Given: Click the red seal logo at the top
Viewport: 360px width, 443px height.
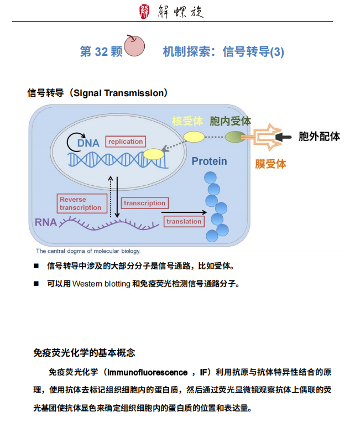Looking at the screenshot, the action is point(144,12).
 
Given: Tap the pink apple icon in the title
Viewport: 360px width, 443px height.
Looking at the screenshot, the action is point(134,45).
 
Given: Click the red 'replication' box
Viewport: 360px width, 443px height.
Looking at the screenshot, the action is point(126,142).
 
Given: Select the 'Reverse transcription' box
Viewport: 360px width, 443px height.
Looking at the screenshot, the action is point(82,204).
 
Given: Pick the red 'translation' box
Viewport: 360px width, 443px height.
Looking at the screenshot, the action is point(184,221).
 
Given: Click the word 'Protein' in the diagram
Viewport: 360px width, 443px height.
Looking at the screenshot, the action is point(210,161).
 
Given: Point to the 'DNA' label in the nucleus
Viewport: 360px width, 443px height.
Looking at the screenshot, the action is point(88,143).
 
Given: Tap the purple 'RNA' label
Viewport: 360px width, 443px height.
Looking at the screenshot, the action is point(46,222).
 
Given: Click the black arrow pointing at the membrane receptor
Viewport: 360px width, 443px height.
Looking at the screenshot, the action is point(283,137).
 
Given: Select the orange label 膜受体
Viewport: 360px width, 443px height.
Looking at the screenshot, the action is point(270,164).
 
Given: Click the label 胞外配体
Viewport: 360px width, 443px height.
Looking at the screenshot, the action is point(319,137).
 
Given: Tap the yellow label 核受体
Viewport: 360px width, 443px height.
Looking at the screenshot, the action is point(187,121).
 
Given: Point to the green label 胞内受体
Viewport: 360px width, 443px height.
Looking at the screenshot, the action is point(230,121).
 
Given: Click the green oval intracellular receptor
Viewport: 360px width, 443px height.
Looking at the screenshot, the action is point(236,137).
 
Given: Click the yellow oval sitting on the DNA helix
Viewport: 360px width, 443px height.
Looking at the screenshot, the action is point(153,154).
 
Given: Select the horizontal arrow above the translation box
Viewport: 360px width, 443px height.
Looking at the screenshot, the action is point(184,212).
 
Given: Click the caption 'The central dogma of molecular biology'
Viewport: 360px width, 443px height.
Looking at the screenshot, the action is point(88,251).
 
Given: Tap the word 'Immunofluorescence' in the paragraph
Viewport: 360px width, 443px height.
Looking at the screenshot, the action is point(147,372).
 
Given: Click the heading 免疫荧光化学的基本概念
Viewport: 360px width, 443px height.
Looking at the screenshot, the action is point(84,353).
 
